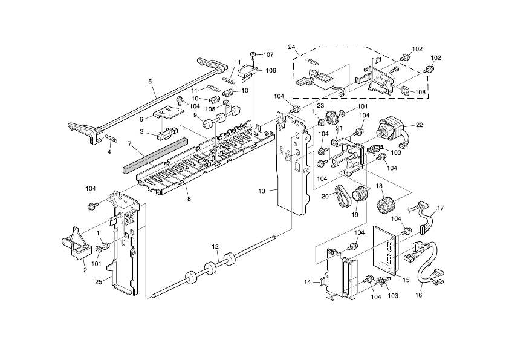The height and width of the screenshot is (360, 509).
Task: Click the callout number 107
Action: click(268, 55)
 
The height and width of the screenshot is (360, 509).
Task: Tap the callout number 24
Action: click(291, 47)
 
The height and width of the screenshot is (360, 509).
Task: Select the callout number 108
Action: click(419, 93)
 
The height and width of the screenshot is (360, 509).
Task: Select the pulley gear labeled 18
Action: click(382, 206)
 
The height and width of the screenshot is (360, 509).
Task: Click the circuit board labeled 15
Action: click(387, 249)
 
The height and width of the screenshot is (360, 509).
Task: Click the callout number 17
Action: click(440, 208)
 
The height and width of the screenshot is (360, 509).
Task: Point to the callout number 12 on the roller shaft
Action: click(215, 246)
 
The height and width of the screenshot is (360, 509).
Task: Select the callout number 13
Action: click(262, 191)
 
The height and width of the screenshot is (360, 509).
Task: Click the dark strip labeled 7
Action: click(155, 156)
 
